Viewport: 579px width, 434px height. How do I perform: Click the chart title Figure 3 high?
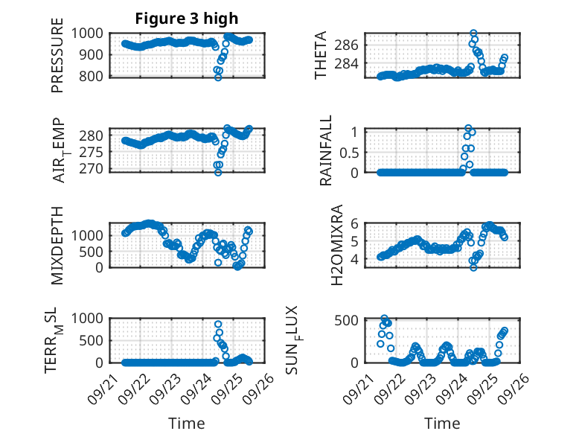click(x=187, y=19)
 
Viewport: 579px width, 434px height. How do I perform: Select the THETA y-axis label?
click(x=321, y=55)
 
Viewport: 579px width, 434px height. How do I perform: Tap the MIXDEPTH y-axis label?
click(x=57, y=246)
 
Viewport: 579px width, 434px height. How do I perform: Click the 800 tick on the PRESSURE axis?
click(x=95, y=76)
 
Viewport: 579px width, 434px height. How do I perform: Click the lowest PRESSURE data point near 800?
click(x=218, y=77)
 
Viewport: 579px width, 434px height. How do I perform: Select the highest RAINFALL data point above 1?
click(x=468, y=128)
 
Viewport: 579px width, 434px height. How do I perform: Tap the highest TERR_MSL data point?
click(x=218, y=325)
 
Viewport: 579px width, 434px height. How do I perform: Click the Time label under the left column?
click(x=187, y=423)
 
